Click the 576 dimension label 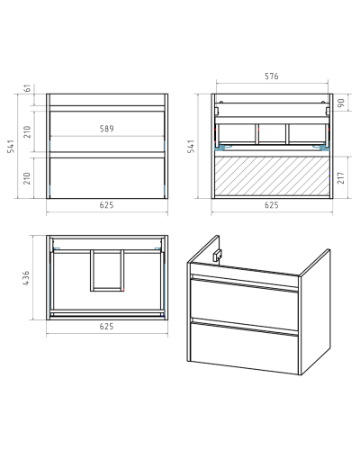pyautogui.click(x=272, y=76)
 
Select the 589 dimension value pyautogui.click(x=107, y=129)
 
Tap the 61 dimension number pyautogui.click(x=27, y=88)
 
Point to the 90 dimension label pyautogui.click(x=341, y=103)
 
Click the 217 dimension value pyautogui.click(x=341, y=177)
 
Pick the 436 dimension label pyautogui.click(x=26, y=278)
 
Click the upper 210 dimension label pyautogui.click(x=27, y=131)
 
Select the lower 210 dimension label pyautogui.click(x=27, y=178)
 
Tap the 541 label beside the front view pyautogui.click(x=11, y=146)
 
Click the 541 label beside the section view pyautogui.click(x=191, y=146)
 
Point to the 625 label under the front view pyautogui.click(x=107, y=205)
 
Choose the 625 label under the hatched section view pyautogui.click(x=272, y=205)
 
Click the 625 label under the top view pyautogui.click(x=107, y=326)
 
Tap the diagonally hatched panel pyautogui.click(x=272, y=176)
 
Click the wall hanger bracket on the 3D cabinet pyautogui.click(x=217, y=256)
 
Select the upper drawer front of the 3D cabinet pyautogui.click(x=244, y=303)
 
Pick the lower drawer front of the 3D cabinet pyautogui.click(x=244, y=348)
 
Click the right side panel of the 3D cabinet pyautogui.click(x=315, y=312)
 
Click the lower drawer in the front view pyautogui.click(x=107, y=177)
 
